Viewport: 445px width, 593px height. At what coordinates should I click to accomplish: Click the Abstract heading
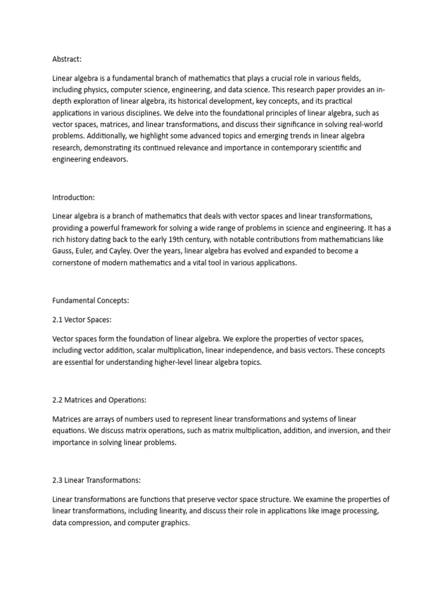click(x=68, y=58)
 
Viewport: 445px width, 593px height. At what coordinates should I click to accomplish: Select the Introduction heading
click(x=73, y=198)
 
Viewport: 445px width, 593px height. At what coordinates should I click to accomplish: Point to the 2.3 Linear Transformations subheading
click(x=96, y=480)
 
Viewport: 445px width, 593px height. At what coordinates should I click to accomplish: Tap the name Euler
click(x=88, y=239)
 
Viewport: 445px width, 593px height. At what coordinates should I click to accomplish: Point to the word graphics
click(x=176, y=522)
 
